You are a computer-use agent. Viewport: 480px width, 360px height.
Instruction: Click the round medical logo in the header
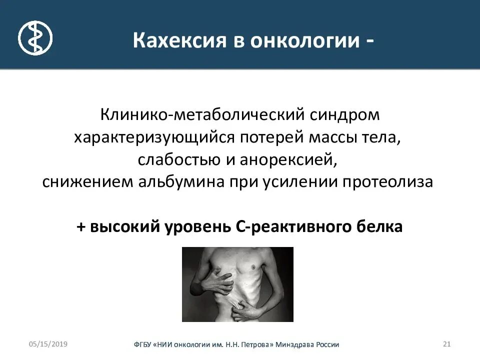tap(35, 38)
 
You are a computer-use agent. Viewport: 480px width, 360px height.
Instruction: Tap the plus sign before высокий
tap(81, 226)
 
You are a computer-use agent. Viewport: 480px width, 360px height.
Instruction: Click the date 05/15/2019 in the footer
tap(48, 344)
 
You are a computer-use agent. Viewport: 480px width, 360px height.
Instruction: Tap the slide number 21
tap(447, 344)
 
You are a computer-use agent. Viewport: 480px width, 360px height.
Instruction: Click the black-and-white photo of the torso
tap(237, 284)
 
